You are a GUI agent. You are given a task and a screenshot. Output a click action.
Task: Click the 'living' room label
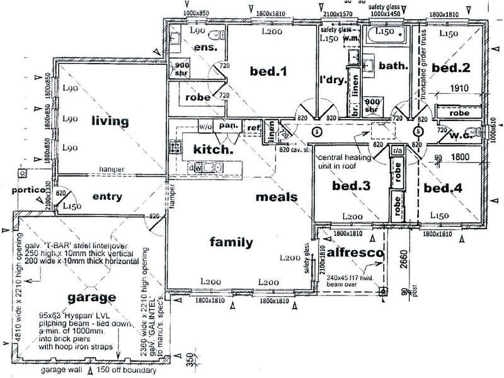(x=109, y=120)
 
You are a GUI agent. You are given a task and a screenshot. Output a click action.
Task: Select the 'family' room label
(x=231, y=242)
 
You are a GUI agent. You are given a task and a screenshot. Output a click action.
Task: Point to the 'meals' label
(x=276, y=197)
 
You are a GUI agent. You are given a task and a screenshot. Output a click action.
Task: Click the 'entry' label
(x=107, y=197)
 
